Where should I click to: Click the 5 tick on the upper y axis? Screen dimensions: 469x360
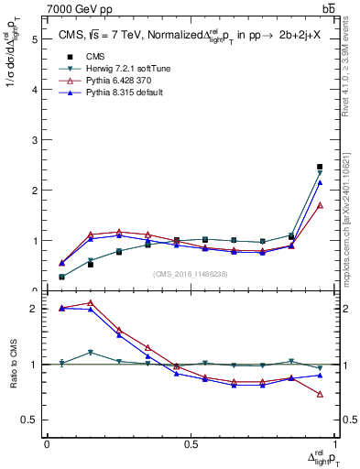coord(34,39)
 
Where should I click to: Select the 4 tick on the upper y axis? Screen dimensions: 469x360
coord(34,90)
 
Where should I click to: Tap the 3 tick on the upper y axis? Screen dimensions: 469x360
coord(34,140)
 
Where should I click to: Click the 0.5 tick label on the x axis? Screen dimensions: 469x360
coord(191,444)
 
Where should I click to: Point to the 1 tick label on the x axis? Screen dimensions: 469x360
coord(335,444)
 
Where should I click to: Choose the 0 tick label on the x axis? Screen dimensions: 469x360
coord(47,444)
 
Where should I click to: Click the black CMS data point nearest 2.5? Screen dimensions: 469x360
coord(319,167)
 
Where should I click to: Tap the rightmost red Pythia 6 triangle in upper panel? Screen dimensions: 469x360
coord(319,205)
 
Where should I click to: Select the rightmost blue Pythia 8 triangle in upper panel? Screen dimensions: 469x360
coord(319,182)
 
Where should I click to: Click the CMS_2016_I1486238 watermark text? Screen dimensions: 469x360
coord(191,274)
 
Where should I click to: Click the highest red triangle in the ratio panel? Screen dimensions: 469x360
coord(90,302)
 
